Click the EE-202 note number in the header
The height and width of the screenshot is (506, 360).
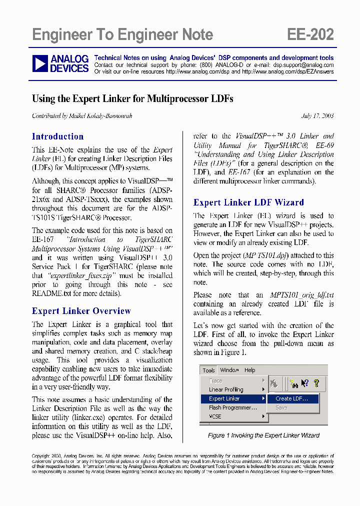310,34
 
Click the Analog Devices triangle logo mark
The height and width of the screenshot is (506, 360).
40,64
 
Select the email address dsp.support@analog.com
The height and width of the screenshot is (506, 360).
303,65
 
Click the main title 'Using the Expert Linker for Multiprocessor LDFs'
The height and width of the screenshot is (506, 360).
132,98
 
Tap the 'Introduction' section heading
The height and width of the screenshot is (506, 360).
57,136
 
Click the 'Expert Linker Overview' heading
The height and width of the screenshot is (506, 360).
81,311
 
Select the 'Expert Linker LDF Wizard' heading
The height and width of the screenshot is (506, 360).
248,202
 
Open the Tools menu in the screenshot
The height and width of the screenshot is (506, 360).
208,370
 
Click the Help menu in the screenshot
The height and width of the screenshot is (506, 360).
249,370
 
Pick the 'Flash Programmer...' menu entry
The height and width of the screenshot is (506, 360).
232,407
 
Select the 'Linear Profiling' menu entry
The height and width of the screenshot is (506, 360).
226,389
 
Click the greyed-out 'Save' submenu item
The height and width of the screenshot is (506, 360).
281,407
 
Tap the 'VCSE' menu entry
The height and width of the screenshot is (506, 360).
215,416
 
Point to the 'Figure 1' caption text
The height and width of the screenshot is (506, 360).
263,435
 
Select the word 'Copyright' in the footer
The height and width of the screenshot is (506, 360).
40,456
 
